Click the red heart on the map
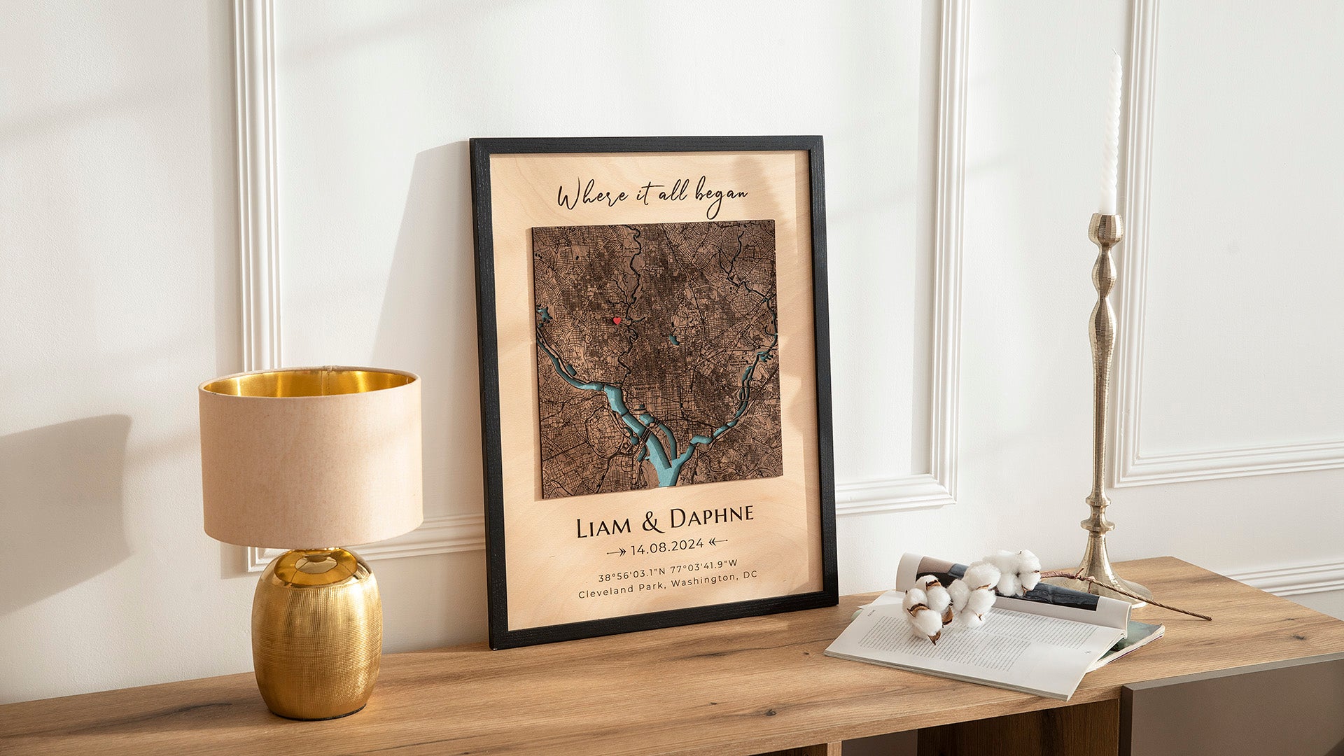(617, 321)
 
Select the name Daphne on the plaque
(711, 518)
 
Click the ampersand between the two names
(652, 522)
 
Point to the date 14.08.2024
(667, 545)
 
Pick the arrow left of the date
(617, 552)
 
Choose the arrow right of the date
(718, 541)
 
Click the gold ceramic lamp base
(316, 633)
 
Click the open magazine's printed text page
(973, 647)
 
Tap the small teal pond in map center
(673, 340)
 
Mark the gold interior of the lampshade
(308, 382)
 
